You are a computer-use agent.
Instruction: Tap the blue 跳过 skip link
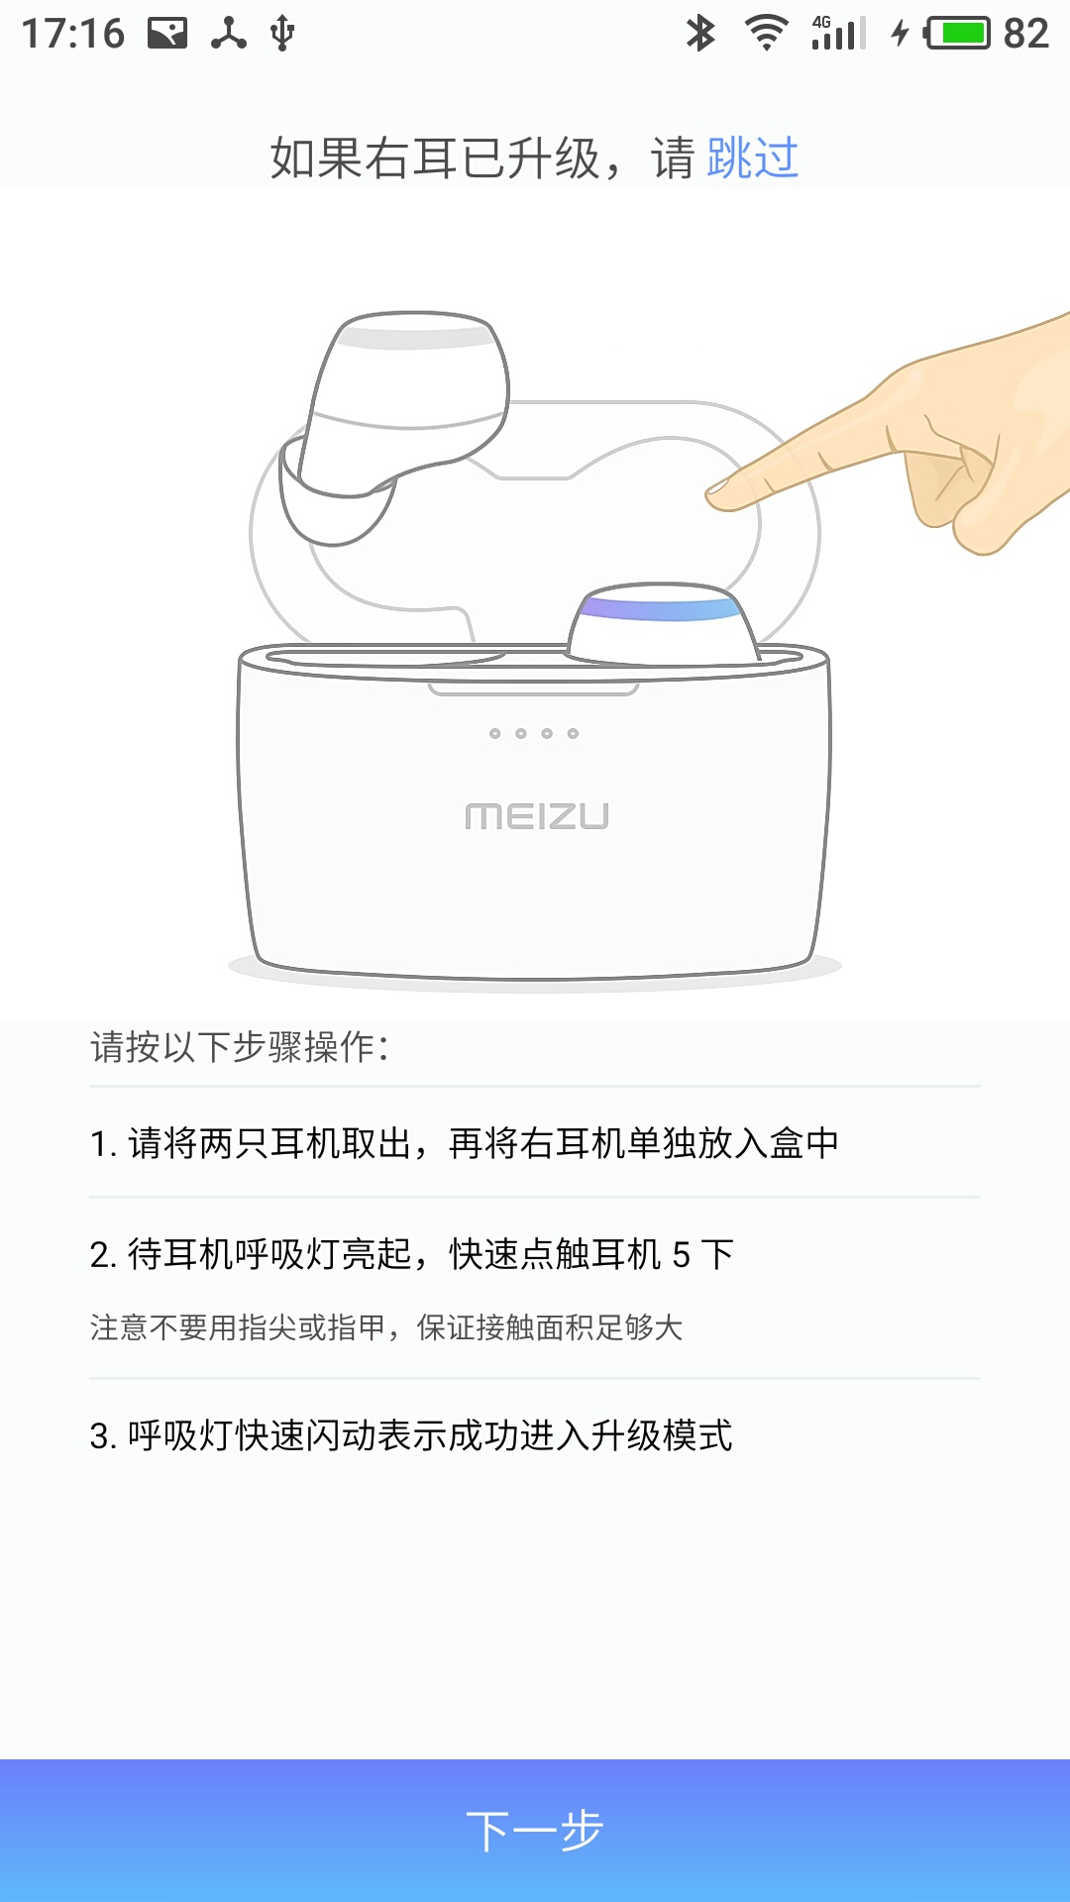point(753,158)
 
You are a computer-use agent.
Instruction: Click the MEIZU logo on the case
point(537,816)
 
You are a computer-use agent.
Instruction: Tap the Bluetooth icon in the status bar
point(700,34)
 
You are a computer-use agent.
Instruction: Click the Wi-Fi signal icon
point(766,34)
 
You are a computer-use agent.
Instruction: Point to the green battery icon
point(957,34)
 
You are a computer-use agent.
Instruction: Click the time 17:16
point(73,34)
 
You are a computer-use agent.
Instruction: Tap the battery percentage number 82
point(1025,34)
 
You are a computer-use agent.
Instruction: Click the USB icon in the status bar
point(282,34)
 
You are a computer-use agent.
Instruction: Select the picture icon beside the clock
point(167,34)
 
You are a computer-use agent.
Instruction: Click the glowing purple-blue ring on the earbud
point(660,605)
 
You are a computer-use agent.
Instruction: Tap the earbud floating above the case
point(394,426)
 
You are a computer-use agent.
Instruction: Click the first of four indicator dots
point(495,733)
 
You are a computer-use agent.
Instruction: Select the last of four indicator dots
point(573,733)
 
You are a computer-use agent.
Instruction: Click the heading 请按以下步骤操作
point(240,1047)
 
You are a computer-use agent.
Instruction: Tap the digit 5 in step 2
point(682,1255)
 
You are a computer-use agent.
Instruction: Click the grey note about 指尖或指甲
point(386,1327)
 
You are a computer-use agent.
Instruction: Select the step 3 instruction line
point(411,1435)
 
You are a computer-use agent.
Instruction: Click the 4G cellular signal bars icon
point(838,33)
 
